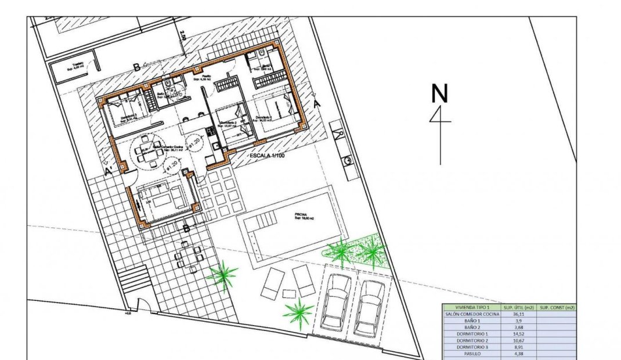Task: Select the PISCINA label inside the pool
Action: (x=300, y=214)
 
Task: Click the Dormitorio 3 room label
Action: (x=129, y=117)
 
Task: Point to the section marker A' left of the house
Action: (x=109, y=171)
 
